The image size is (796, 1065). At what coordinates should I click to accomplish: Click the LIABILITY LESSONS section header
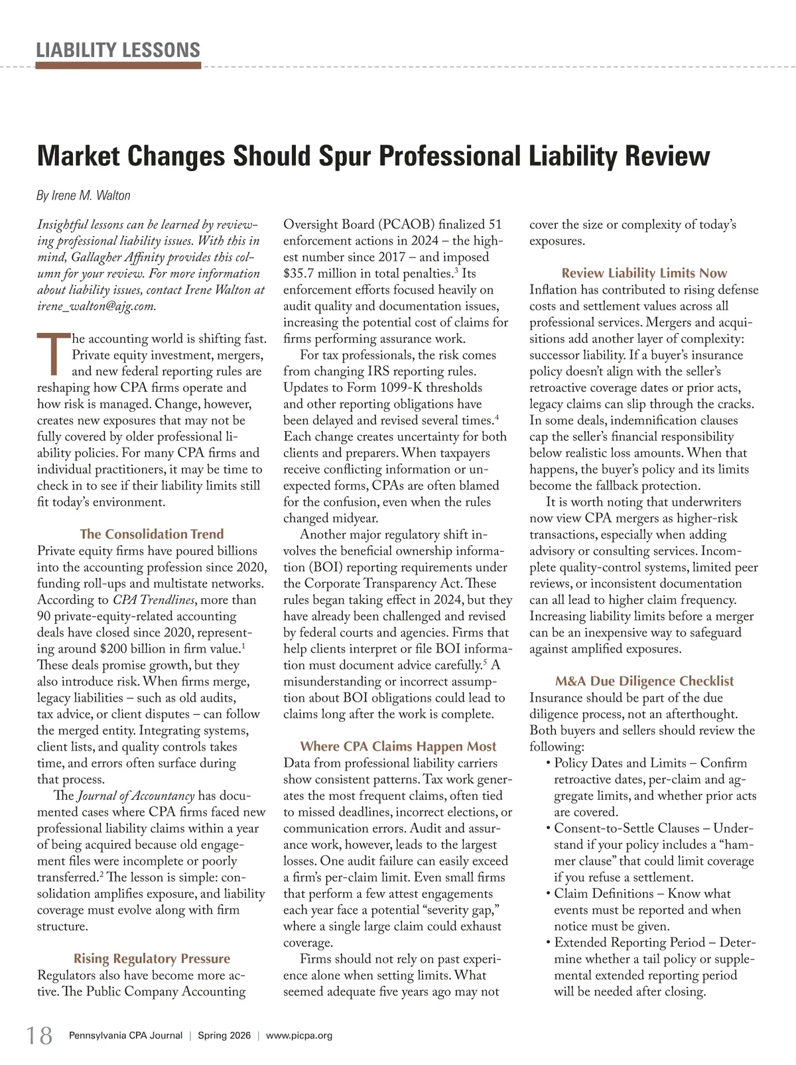pyautogui.click(x=118, y=50)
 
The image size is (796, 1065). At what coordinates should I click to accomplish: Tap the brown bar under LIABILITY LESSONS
pyautogui.click(x=118, y=66)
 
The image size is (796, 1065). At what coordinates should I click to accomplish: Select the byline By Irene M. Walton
pyautogui.click(x=83, y=195)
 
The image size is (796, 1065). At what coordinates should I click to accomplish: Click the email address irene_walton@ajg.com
pyautogui.click(x=96, y=306)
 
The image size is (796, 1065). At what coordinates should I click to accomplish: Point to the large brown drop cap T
pyautogui.click(x=52, y=355)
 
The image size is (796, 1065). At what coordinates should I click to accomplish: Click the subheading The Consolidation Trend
pyautogui.click(x=152, y=534)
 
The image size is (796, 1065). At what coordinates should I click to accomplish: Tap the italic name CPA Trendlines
pyautogui.click(x=154, y=600)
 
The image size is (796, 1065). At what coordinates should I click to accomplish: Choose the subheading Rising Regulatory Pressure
pyautogui.click(x=152, y=958)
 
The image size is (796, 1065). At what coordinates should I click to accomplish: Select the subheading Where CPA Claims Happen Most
pyautogui.click(x=398, y=747)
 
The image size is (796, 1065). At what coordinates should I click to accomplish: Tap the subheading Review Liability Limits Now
pyautogui.click(x=644, y=273)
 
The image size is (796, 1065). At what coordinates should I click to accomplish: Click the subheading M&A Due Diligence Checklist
pyautogui.click(x=644, y=681)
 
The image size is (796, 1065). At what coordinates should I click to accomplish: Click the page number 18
pyautogui.click(x=39, y=1035)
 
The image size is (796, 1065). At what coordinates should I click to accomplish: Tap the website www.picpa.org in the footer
pyautogui.click(x=298, y=1036)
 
